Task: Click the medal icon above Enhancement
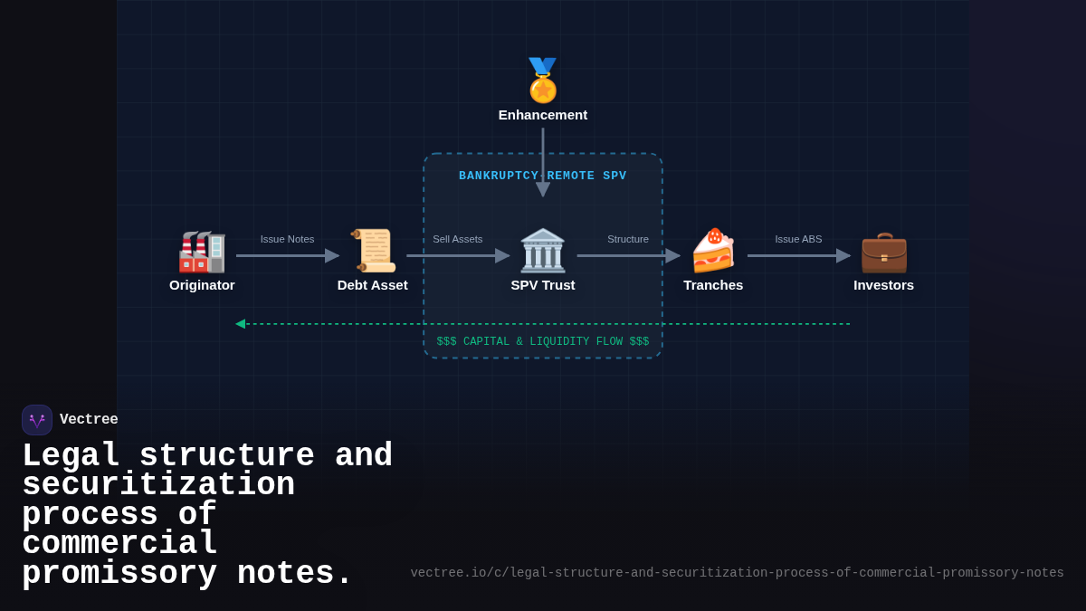point(543,81)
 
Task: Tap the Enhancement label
point(543,115)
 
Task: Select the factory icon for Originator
point(202,252)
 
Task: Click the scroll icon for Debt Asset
point(373,251)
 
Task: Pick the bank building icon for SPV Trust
point(543,251)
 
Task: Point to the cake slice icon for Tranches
point(713,251)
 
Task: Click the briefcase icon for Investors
point(883,252)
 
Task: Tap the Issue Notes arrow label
point(287,239)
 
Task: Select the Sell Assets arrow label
point(457,239)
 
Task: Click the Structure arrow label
point(628,239)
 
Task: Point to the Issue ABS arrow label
point(798,239)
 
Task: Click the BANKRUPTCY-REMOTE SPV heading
point(543,176)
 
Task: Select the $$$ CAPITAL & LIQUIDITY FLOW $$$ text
point(543,342)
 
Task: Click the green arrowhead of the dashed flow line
point(241,324)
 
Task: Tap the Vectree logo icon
point(37,420)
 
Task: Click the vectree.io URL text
point(737,573)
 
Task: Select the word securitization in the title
point(158,485)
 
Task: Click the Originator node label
point(202,285)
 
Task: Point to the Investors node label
point(883,285)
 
